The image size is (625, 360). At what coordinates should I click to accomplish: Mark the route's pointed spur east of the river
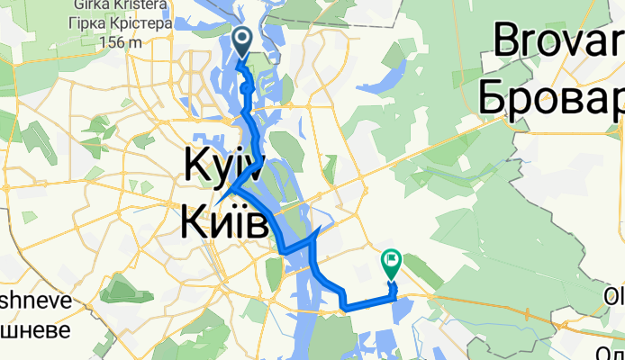pos(316,232)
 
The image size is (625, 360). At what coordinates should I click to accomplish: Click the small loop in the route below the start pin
pos(245,89)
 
